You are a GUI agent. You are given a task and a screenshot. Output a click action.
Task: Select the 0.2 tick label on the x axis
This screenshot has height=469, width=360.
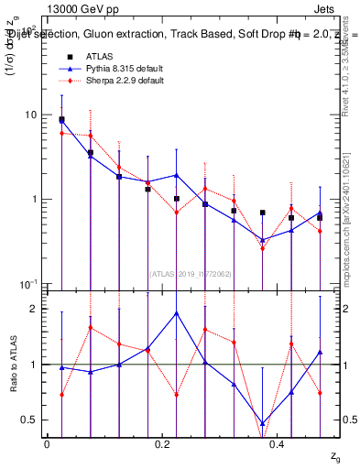[162, 442]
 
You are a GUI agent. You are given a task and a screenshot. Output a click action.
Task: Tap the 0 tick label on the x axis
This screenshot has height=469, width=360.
[47, 442]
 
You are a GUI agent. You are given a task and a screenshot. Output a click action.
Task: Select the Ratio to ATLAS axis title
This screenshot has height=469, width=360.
[14, 364]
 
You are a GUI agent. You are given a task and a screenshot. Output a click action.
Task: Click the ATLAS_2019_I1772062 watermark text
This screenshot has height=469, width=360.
[191, 272]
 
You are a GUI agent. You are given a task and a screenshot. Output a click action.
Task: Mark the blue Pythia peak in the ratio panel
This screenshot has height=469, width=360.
[177, 312]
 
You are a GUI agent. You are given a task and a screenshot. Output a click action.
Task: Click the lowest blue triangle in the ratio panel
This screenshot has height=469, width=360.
[263, 424]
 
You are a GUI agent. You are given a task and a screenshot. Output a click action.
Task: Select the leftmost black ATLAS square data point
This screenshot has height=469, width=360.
[61, 119]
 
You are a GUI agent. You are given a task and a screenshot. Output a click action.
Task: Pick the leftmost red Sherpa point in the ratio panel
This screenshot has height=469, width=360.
[61, 395]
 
